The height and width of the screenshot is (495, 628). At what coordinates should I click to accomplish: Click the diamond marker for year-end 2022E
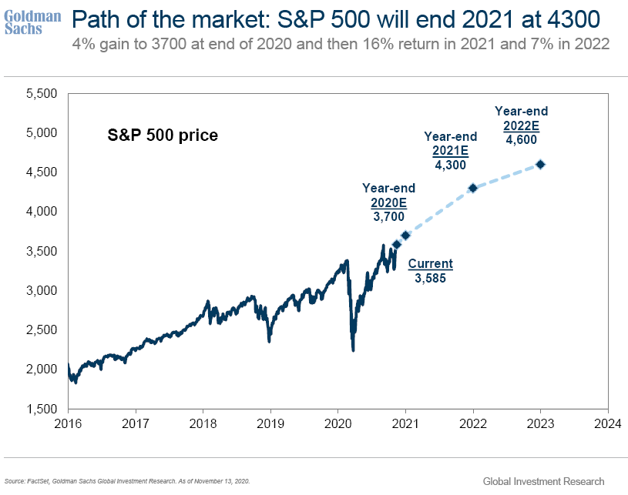point(540,164)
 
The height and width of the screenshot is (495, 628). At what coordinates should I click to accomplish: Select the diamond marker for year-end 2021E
point(473,188)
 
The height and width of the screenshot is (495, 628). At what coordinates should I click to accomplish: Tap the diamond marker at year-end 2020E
point(405,235)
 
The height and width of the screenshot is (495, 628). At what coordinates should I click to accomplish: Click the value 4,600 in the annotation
point(521,139)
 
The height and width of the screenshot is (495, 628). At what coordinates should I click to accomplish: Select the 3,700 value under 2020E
point(388,219)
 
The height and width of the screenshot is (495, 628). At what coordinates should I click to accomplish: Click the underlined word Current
point(430,264)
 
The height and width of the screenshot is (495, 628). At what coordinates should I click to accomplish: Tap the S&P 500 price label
point(162,135)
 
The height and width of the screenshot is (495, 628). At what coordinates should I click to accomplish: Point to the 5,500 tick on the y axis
point(42,93)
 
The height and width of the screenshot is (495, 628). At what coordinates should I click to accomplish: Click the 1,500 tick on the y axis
point(42,409)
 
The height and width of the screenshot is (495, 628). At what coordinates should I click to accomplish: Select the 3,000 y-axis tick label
point(42,290)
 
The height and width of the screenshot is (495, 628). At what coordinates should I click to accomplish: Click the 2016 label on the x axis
point(68,423)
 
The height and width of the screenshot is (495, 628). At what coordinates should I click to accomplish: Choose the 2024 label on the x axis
point(608,423)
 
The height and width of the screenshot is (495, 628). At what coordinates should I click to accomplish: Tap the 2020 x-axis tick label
point(338,423)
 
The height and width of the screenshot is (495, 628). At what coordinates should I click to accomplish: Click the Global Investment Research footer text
point(543,481)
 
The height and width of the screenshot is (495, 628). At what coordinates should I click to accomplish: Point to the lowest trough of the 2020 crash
point(353,350)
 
